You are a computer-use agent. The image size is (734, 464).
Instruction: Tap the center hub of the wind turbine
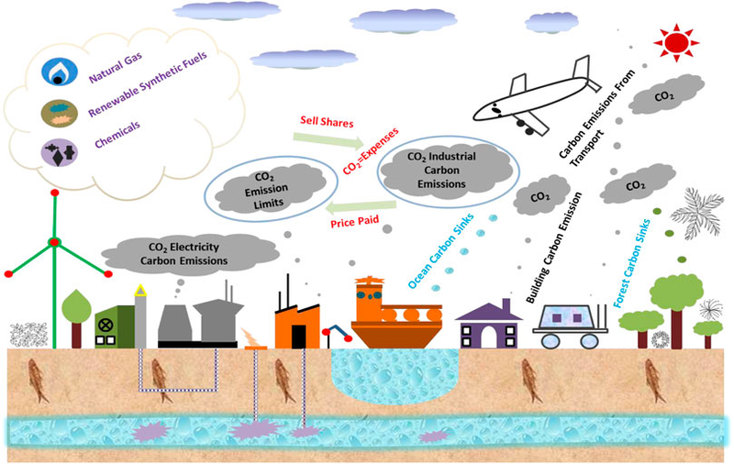[x=54, y=242]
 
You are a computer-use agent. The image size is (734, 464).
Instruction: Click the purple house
[x=487, y=324]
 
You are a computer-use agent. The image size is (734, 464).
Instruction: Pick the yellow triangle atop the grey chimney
[x=140, y=291]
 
